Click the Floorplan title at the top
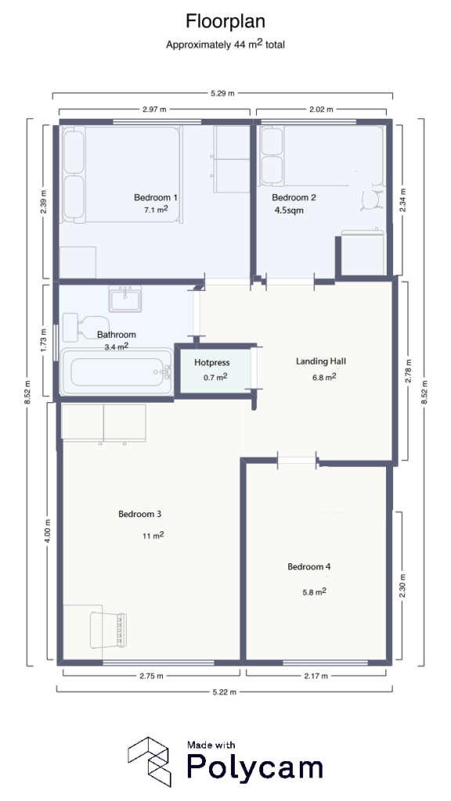click(x=225, y=20)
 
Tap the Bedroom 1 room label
click(x=156, y=198)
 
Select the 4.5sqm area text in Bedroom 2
click(x=288, y=210)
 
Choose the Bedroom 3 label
click(x=140, y=514)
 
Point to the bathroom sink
click(x=125, y=298)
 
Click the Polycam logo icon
click(x=150, y=760)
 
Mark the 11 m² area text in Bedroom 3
click(x=152, y=536)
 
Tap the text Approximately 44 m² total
click(x=225, y=45)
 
